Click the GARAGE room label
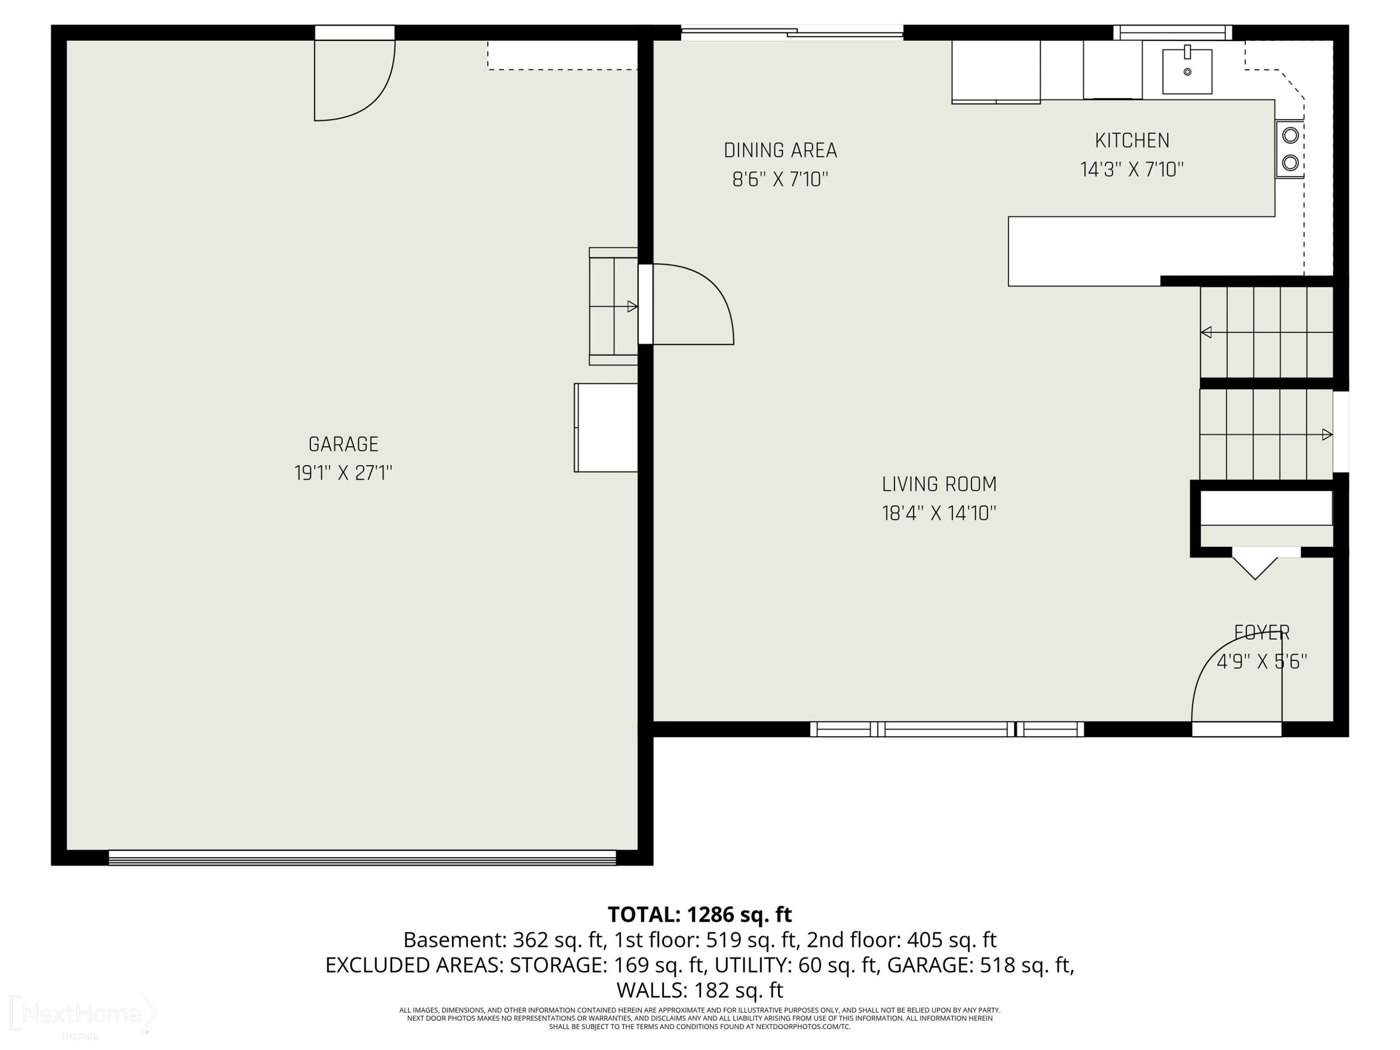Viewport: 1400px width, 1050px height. (x=343, y=444)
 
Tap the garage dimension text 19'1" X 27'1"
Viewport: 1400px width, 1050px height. (x=343, y=473)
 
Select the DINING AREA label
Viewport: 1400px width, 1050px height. (x=780, y=151)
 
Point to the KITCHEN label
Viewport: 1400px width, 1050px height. (x=1132, y=140)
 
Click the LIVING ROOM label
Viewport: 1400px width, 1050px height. (x=939, y=484)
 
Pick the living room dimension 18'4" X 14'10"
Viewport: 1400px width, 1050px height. (x=939, y=513)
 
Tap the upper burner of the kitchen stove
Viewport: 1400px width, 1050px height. (x=1290, y=135)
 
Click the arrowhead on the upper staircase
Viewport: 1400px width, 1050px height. (x=1206, y=332)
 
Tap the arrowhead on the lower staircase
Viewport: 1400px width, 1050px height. (x=1327, y=435)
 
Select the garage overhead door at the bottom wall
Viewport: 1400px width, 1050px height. (x=362, y=858)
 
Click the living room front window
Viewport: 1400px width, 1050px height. (x=947, y=729)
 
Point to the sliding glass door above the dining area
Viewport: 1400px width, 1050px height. (x=792, y=32)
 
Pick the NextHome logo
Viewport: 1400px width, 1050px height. (x=82, y=1015)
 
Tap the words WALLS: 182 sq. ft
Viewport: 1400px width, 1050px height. (x=700, y=989)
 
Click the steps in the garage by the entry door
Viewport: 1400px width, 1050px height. (x=613, y=306)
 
